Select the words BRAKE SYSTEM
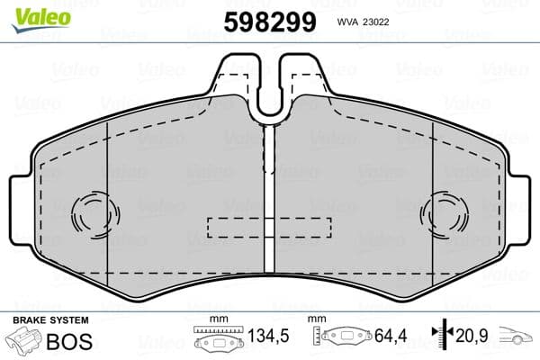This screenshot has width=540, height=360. [x=49, y=320]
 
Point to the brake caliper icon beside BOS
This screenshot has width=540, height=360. [x=25, y=342]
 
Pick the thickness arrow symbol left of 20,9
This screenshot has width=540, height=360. [x=441, y=337]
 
